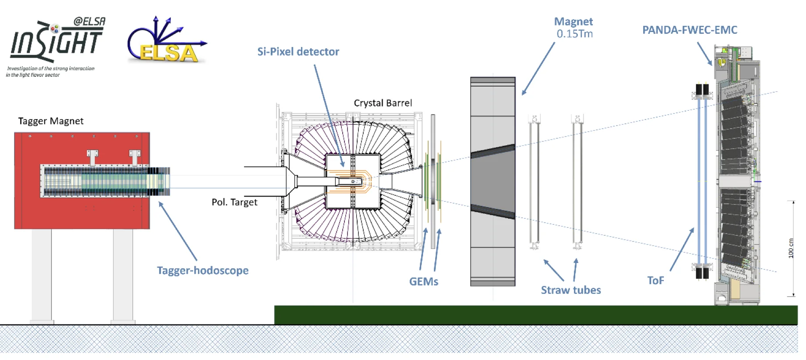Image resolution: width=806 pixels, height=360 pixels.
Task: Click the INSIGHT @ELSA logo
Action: [56, 46]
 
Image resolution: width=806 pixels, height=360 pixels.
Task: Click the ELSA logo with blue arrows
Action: [166, 42]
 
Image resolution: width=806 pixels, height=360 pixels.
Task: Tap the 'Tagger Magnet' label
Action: [50, 121]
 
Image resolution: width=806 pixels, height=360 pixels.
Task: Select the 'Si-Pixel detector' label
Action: [298, 52]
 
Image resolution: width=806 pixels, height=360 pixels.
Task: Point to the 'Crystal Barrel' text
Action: [383, 103]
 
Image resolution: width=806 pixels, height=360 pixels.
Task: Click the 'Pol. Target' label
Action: [234, 202]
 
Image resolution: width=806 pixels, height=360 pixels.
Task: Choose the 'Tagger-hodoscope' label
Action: [203, 270]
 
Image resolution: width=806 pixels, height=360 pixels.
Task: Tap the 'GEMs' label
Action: [423, 282]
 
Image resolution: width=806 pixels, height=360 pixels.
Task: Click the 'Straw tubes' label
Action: [570, 290]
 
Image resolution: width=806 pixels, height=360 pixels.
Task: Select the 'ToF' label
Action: [656, 281]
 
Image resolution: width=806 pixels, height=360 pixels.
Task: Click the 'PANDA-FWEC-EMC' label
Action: [690, 30]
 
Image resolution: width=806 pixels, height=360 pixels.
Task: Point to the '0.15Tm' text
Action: [574, 34]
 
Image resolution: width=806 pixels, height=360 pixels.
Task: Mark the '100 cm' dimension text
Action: [791, 248]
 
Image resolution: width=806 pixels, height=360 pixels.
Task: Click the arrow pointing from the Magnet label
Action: [538, 68]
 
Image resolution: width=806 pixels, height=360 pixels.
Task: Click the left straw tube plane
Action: [534, 182]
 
